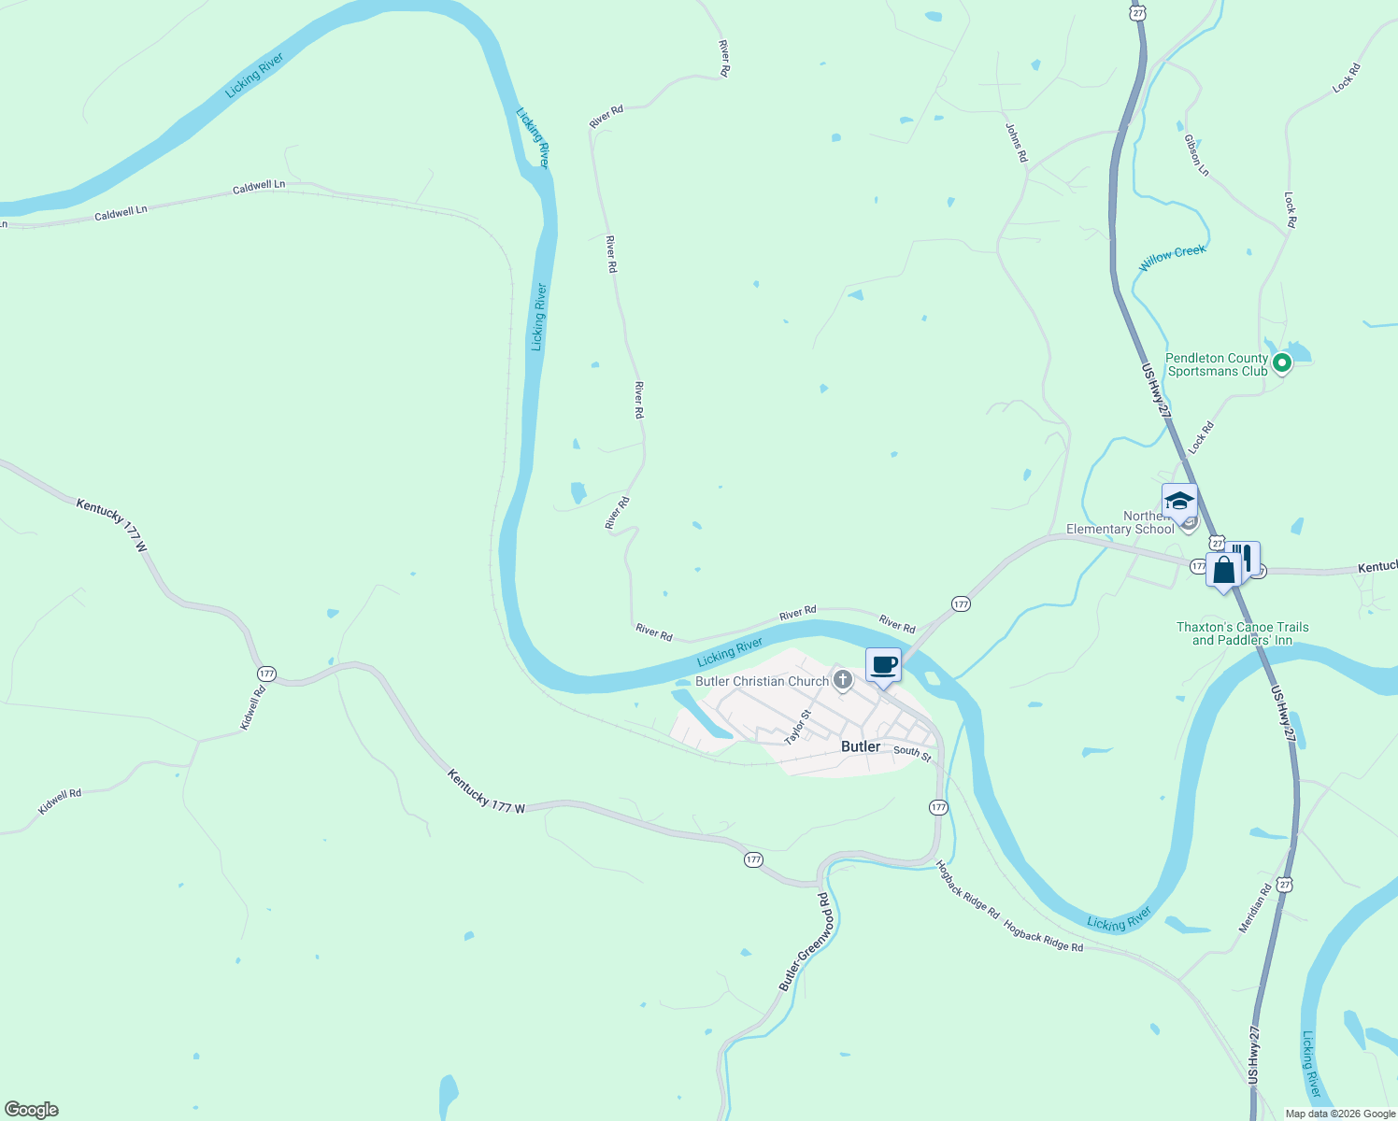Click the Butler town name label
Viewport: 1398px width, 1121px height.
tap(860, 746)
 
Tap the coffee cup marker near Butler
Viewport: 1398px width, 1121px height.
tap(883, 666)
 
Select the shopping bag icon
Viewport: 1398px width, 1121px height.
tap(1223, 570)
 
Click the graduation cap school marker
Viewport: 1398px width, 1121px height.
tap(1179, 502)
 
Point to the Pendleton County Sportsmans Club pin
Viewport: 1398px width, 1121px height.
tap(1282, 362)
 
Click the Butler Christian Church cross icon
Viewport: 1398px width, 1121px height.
tap(843, 680)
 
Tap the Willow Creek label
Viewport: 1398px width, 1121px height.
tap(1172, 258)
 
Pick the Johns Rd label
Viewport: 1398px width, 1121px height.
tap(1017, 143)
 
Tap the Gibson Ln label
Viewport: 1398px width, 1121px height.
tap(1196, 155)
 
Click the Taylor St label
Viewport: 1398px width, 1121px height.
tap(797, 727)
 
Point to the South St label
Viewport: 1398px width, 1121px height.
tap(912, 752)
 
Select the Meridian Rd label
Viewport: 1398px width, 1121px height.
tap(1255, 909)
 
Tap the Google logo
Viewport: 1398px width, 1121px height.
tap(32, 1110)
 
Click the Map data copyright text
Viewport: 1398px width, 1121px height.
tap(1340, 1114)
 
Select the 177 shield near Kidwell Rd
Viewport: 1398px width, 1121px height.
tap(267, 674)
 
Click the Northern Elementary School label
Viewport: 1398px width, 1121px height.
tap(1120, 523)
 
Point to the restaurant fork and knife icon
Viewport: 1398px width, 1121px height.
tap(1246, 558)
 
